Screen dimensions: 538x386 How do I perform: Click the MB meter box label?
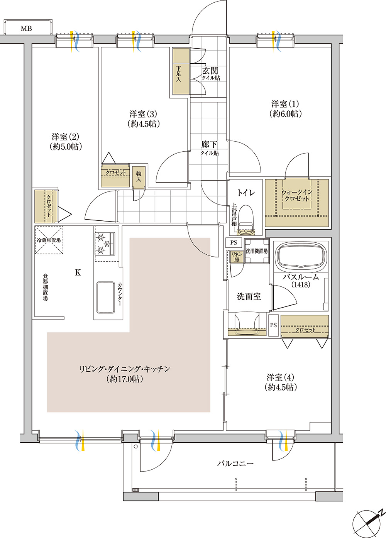[26, 29]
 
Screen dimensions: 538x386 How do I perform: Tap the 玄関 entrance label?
[210, 71]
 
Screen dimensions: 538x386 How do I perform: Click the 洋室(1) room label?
[285, 104]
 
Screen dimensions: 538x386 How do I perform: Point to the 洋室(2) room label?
[65, 137]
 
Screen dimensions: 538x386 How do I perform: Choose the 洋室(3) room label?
[143, 114]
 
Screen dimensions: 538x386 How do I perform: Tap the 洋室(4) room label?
[281, 377]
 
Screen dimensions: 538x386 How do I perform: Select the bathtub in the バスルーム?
[300, 255]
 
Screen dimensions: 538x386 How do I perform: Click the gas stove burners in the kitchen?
[105, 244]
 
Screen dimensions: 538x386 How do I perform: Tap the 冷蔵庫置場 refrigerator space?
[49, 240]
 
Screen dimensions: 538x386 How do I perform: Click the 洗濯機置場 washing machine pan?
[257, 251]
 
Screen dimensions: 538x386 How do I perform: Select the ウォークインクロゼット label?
[296, 195]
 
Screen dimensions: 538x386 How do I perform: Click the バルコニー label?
[235, 463]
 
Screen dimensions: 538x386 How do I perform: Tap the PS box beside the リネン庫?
[234, 243]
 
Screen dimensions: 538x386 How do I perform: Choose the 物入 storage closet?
[139, 177]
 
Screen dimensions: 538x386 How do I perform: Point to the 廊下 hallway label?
[209, 145]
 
